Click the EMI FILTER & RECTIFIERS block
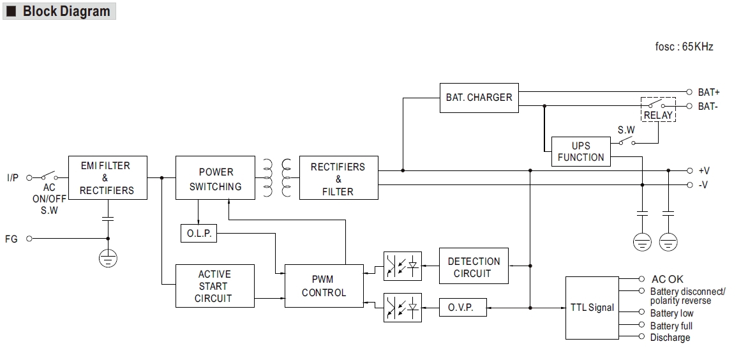[x=107, y=178]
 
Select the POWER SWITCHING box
[x=216, y=179]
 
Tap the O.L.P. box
[x=198, y=234]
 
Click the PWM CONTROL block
[x=324, y=285]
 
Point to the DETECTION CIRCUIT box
[x=474, y=267]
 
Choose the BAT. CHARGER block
[x=479, y=98]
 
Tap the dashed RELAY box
[x=658, y=109]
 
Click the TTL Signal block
[x=592, y=307]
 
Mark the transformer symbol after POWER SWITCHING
[x=277, y=178]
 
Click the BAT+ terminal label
[x=708, y=93]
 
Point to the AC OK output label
[x=667, y=279]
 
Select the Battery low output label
[x=671, y=313]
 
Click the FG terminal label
[x=11, y=239]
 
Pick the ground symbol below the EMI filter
[x=108, y=259]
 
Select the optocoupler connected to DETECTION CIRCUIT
[x=403, y=266]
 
